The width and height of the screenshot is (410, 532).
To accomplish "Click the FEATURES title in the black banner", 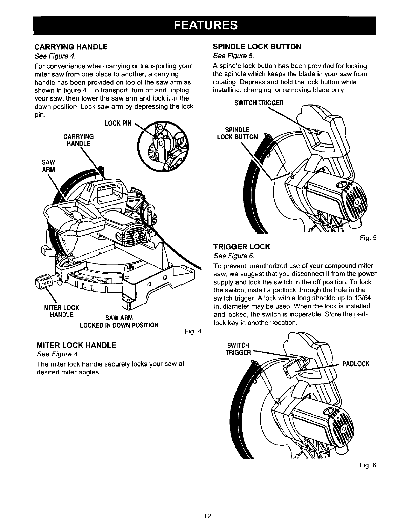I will click(x=205, y=25).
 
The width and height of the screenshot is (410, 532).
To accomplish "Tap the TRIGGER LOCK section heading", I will click(x=241, y=247).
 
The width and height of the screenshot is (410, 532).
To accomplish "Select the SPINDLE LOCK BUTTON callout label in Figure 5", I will click(x=237, y=133).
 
